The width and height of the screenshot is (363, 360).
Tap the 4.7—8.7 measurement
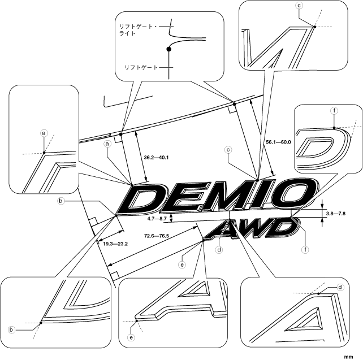[x=157, y=218]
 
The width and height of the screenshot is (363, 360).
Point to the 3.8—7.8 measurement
[x=336, y=213]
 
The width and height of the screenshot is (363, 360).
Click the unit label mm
[x=356, y=356]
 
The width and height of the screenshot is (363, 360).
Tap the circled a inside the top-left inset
[x=44, y=133]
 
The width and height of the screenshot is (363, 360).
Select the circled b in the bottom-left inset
[x=12, y=329]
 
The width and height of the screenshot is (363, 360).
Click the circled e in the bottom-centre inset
[x=131, y=338]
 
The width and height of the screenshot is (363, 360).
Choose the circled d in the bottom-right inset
[x=340, y=287]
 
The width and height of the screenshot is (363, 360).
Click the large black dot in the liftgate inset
[x=168, y=50]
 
